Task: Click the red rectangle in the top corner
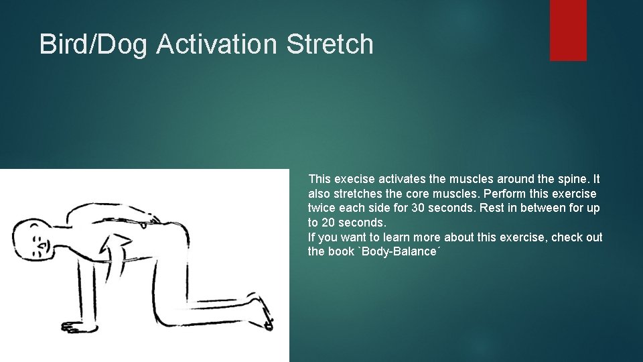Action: click(x=568, y=30)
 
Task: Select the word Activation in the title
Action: click(x=217, y=44)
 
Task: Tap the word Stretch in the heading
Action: click(x=330, y=44)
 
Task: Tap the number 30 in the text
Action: click(x=418, y=208)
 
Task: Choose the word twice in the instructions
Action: click(x=323, y=208)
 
